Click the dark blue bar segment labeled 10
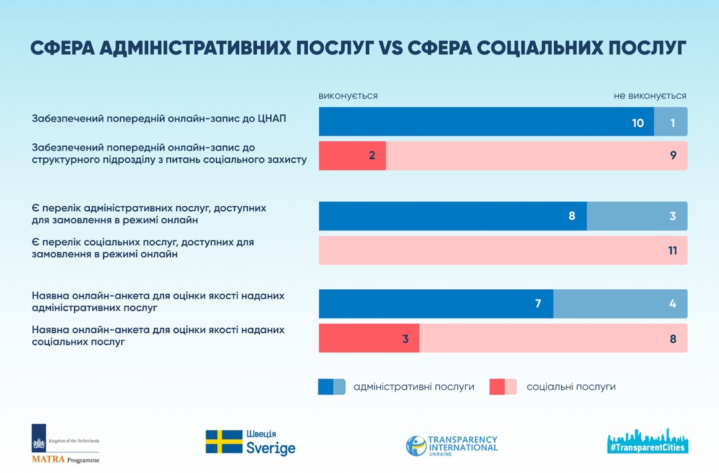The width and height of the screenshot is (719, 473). [486, 122]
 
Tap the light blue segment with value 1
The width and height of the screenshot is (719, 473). [670, 122]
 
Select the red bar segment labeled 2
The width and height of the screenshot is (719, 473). [353, 156]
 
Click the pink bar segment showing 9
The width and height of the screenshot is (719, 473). [536, 156]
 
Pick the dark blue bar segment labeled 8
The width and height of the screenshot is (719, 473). [453, 216]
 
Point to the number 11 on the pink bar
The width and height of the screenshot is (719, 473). [672, 250]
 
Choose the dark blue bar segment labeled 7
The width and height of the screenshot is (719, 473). [436, 304]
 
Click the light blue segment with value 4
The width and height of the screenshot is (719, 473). [620, 304]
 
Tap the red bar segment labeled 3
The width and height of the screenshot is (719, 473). [369, 338]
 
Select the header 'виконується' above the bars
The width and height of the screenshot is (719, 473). [348, 96]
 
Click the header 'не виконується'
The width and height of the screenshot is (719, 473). [650, 96]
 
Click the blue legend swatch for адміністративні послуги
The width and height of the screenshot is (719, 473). [331, 386]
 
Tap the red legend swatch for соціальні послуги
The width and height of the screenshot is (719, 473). [503, 386]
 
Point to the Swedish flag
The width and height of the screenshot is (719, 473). [224, 442]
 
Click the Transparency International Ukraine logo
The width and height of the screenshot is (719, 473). [452, 445]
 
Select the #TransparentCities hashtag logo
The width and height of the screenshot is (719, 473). [648, 441]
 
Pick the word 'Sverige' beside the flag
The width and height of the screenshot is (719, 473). [271, 448]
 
